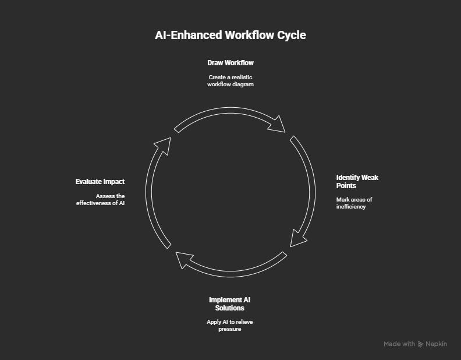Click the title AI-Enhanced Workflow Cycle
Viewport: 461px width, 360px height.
[230, 35]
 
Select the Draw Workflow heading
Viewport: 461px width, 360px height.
[230, 62]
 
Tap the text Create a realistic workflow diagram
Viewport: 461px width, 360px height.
[230, 80]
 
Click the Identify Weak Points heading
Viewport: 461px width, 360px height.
[357, 181]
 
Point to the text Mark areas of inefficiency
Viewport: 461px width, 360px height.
[354, 203]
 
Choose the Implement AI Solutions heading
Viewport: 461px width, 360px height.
[230, 303]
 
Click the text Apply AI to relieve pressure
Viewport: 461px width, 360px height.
[230, 325]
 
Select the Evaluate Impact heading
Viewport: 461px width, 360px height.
[100, 182]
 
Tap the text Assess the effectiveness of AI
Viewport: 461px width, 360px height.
[101, 199]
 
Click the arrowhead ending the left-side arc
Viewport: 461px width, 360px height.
[164, 145]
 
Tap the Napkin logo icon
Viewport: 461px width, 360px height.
[421, 344]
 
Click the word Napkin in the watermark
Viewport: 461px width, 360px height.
[436, 344]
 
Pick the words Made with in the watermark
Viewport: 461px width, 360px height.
[399, 344]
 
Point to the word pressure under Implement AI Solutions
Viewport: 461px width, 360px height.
[230, 329]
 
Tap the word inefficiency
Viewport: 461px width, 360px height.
[351, 207]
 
